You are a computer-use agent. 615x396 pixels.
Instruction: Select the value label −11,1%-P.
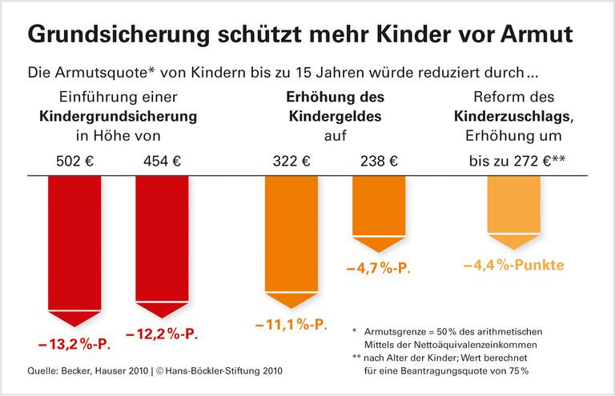(x=291, y=326)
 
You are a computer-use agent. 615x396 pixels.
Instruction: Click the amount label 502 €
(x=74, y=160)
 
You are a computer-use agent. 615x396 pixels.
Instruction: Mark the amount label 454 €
(x=162, y=160)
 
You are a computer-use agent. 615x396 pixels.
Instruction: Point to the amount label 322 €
(x=291, y=160)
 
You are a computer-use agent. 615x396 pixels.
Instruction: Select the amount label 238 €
(x=379, y=160)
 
